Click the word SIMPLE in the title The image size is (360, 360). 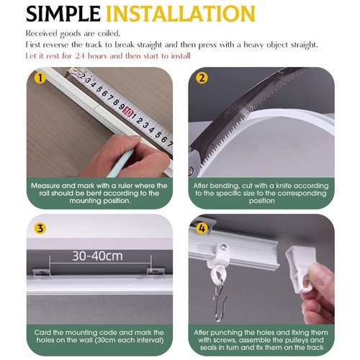point(63,14)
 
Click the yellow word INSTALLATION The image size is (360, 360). point(181,14)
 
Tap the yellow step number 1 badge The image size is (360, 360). point(40,78)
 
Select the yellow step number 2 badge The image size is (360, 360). point(202,78)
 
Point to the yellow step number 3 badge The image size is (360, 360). point(40,228)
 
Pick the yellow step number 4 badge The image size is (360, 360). point(202,228)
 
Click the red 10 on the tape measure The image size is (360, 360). point(128,112)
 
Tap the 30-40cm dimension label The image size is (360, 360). point(97,256)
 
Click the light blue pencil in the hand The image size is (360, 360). point(120,163)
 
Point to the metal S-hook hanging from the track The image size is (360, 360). point(219,300)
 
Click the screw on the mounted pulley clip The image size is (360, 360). point(224,246)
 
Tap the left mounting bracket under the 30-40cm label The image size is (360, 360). point(41,273)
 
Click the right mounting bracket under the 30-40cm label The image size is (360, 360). point(156,272)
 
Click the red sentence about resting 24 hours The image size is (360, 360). point(108,56)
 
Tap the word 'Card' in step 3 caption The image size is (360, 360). point(42,333)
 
